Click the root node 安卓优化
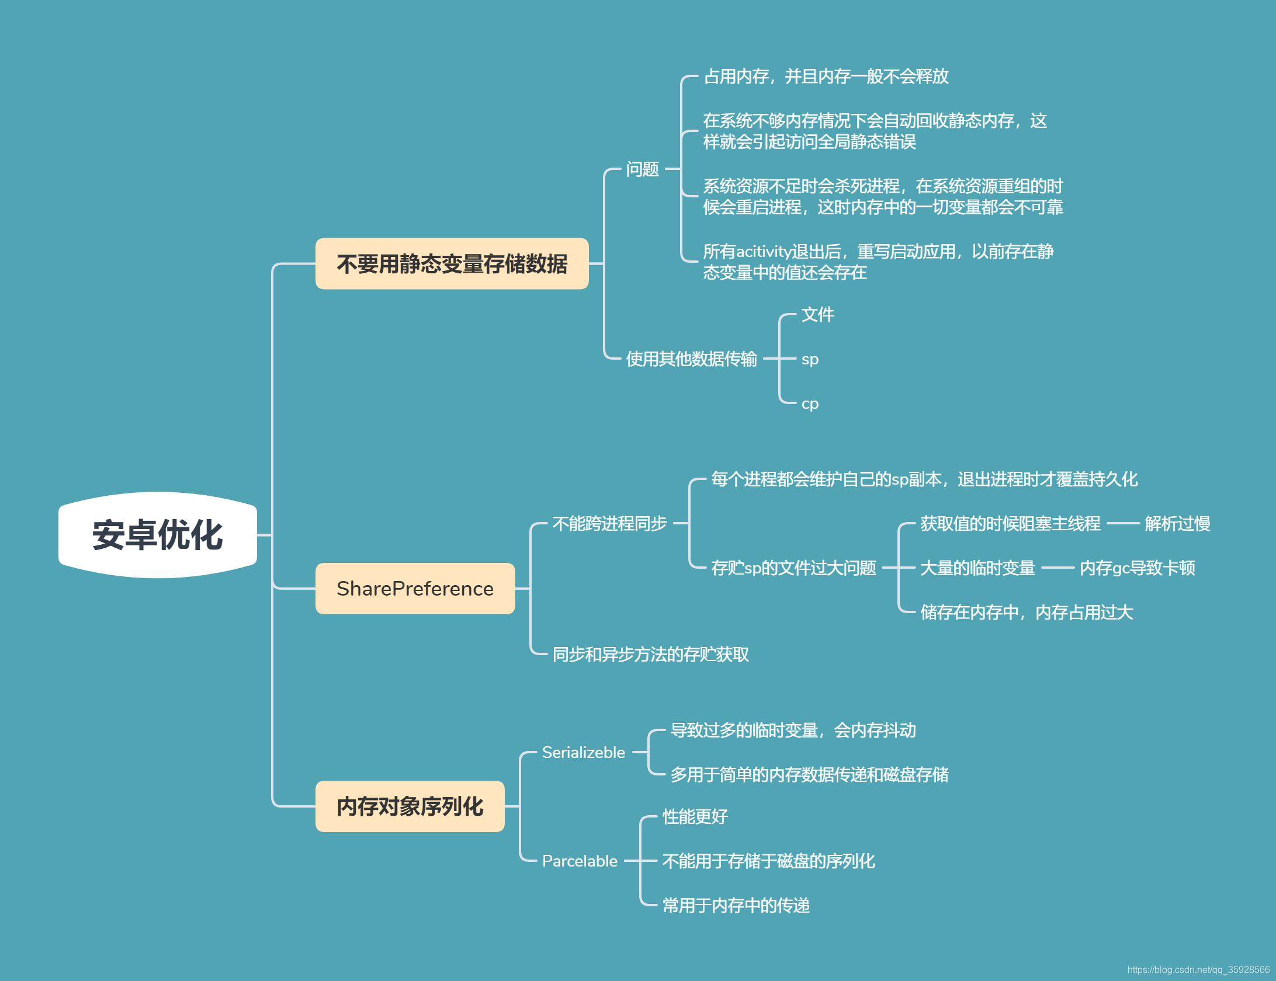157,535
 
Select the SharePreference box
415,589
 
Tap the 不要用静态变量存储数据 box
452,264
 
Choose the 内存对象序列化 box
410,806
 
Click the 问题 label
642,169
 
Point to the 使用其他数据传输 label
691,359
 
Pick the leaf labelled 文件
817,315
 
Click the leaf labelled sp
810,359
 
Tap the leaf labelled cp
810,403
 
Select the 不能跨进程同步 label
609,524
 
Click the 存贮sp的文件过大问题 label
793,568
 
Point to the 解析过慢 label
1177,524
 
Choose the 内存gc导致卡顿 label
1137,568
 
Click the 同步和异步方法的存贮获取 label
650,655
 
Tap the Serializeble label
583,753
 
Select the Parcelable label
580,861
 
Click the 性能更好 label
695,817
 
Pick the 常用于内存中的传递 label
736,906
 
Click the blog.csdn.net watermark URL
1198,970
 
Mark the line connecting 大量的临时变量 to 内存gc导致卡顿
1057,568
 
